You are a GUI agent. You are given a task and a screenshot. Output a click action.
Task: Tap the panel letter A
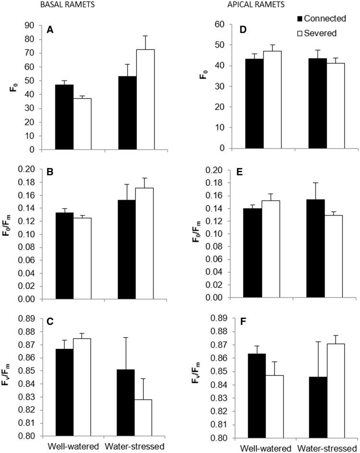(49, 30)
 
